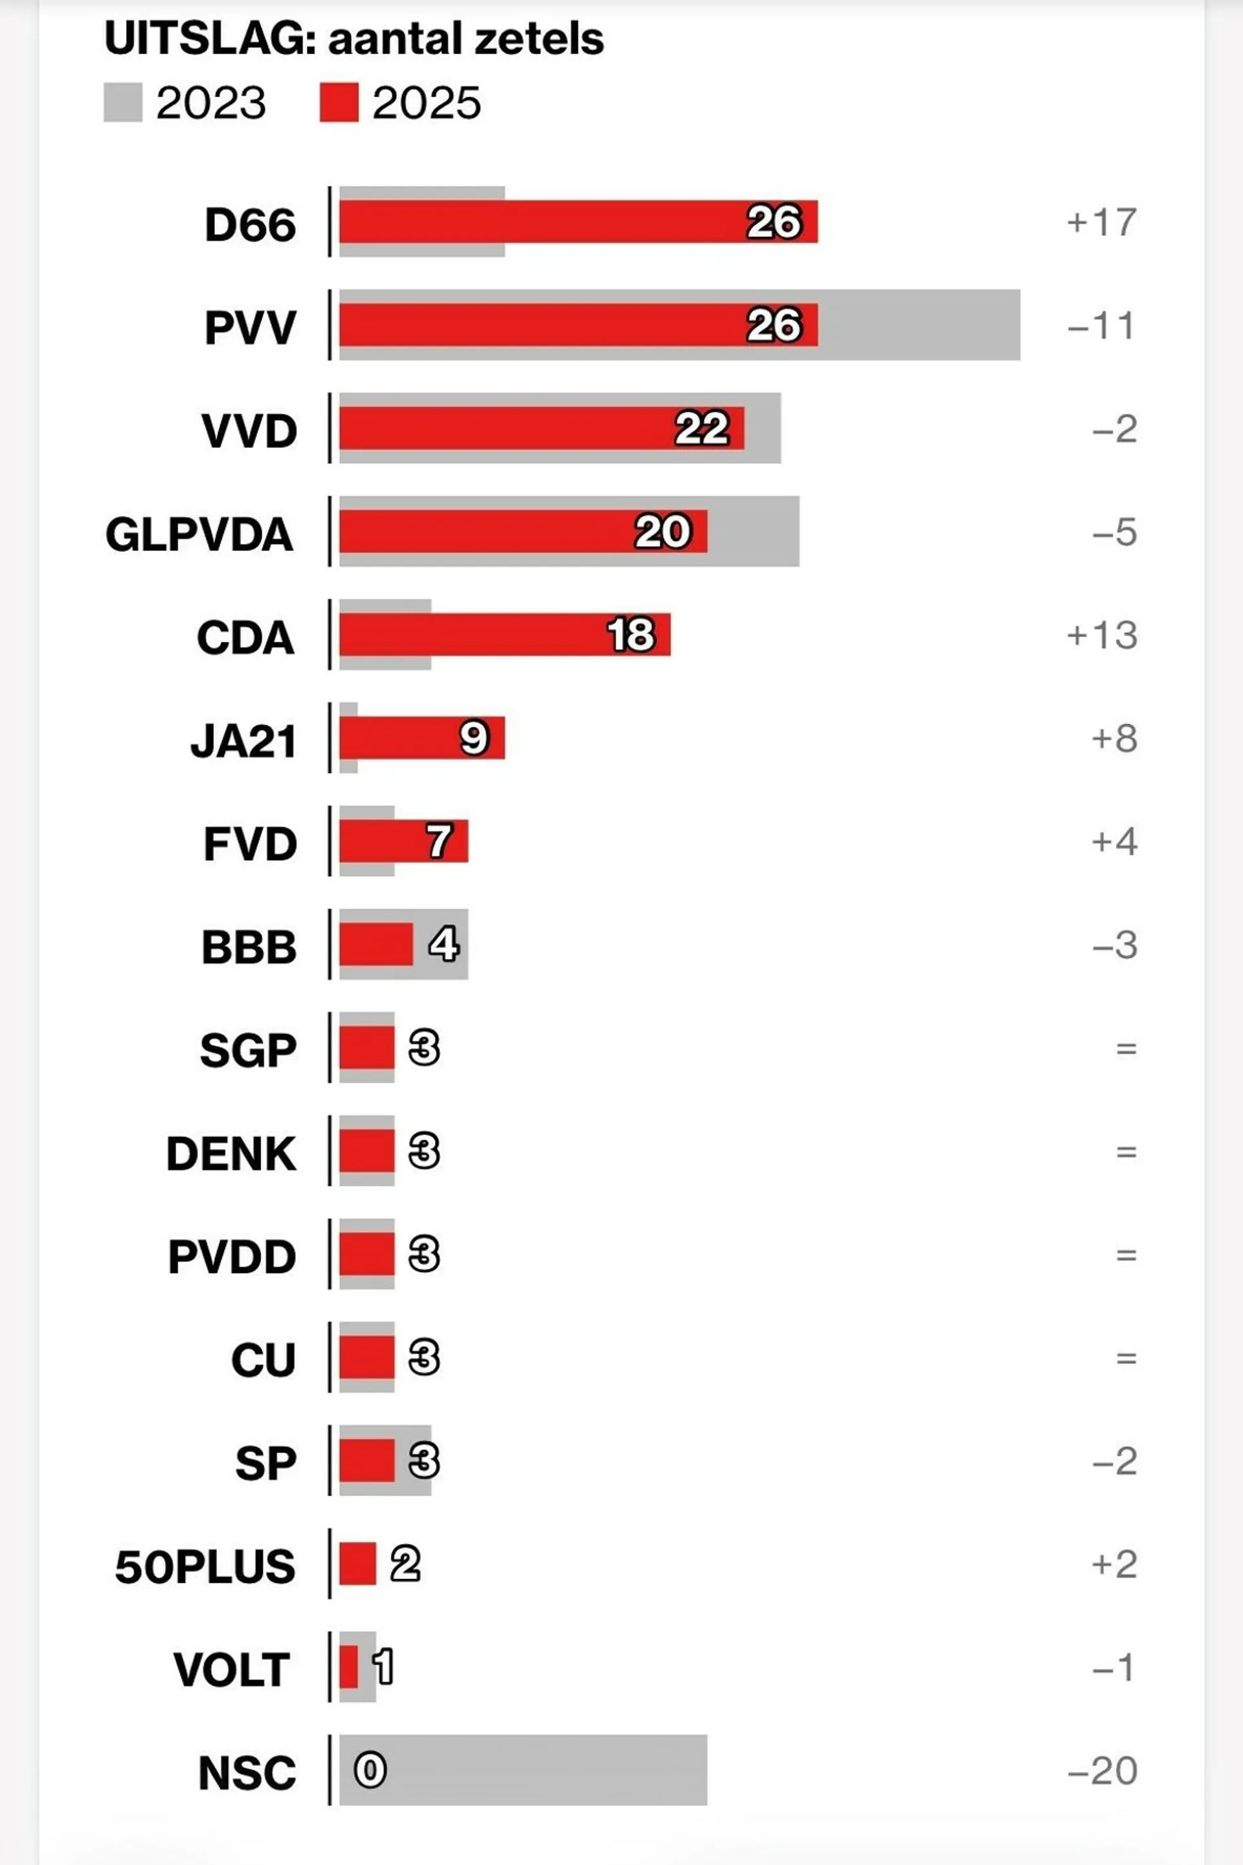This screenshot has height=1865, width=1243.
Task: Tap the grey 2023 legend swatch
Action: click(x=123, y=103)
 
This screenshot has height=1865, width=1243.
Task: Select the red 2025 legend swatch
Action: click(x=339, y=103)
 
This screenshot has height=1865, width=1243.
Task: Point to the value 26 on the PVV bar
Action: click(x=774, y=325)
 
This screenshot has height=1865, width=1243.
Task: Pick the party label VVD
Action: click(x=249, y=431)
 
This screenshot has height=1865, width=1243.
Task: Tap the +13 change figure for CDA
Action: click(x=1102, y=635)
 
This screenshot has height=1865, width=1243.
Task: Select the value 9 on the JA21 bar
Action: click(x=474, y=738)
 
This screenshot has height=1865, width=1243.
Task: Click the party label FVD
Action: click(x=250, y=843)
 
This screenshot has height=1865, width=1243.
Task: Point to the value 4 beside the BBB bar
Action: click(x=444, y=944)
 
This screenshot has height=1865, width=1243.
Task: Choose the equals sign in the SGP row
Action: click(x=1126, y=1049)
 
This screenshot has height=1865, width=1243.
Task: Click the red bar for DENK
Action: click(x=366, y=1151)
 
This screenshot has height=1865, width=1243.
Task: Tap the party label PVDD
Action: click(x=232, y=1257)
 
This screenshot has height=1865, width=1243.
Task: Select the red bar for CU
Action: click(x=366, y=1358)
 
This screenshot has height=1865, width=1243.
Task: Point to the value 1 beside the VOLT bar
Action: click(x=384, y=1667)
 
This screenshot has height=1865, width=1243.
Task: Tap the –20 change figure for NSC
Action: click(x=1102, y=1771)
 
